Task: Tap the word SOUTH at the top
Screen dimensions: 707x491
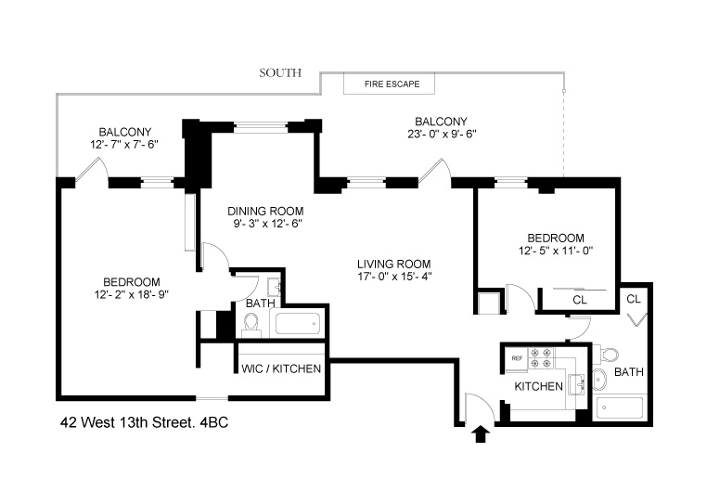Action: [280, 72]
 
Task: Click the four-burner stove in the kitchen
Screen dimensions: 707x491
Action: [543, 358]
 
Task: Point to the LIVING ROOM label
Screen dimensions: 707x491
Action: [393, 262]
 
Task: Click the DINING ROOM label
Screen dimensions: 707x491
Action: [266, 210]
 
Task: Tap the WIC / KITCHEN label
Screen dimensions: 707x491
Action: [281, 368]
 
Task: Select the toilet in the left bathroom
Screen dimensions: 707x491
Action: [250, 323]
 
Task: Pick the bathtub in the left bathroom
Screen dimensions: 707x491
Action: [296, 325]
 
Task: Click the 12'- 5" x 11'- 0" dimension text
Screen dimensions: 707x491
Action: [556, 250]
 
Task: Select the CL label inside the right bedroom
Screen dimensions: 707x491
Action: [580, 300]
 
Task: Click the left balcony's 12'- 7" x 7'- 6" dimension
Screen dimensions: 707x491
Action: [125, 144]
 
